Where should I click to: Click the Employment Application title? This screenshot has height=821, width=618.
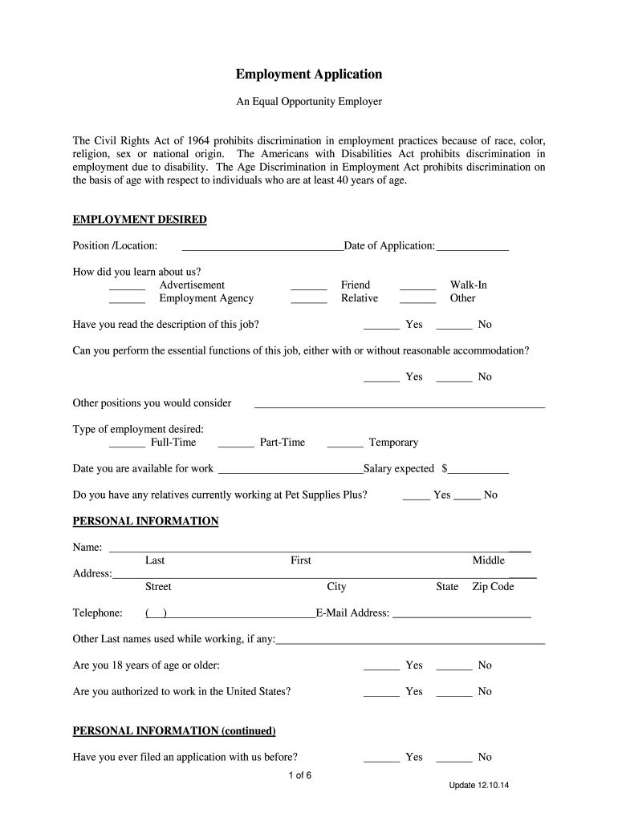[x=308, y=75]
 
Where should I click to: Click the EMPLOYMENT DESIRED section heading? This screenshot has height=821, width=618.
[x=140, y=220]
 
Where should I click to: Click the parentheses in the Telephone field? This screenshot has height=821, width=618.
[x=156, y=613]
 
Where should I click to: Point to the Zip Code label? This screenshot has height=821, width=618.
[x=493, y=587]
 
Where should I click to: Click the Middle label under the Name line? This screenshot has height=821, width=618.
[x=488, y=560]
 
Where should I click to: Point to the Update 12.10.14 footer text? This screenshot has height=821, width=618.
[x=479, y=785]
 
